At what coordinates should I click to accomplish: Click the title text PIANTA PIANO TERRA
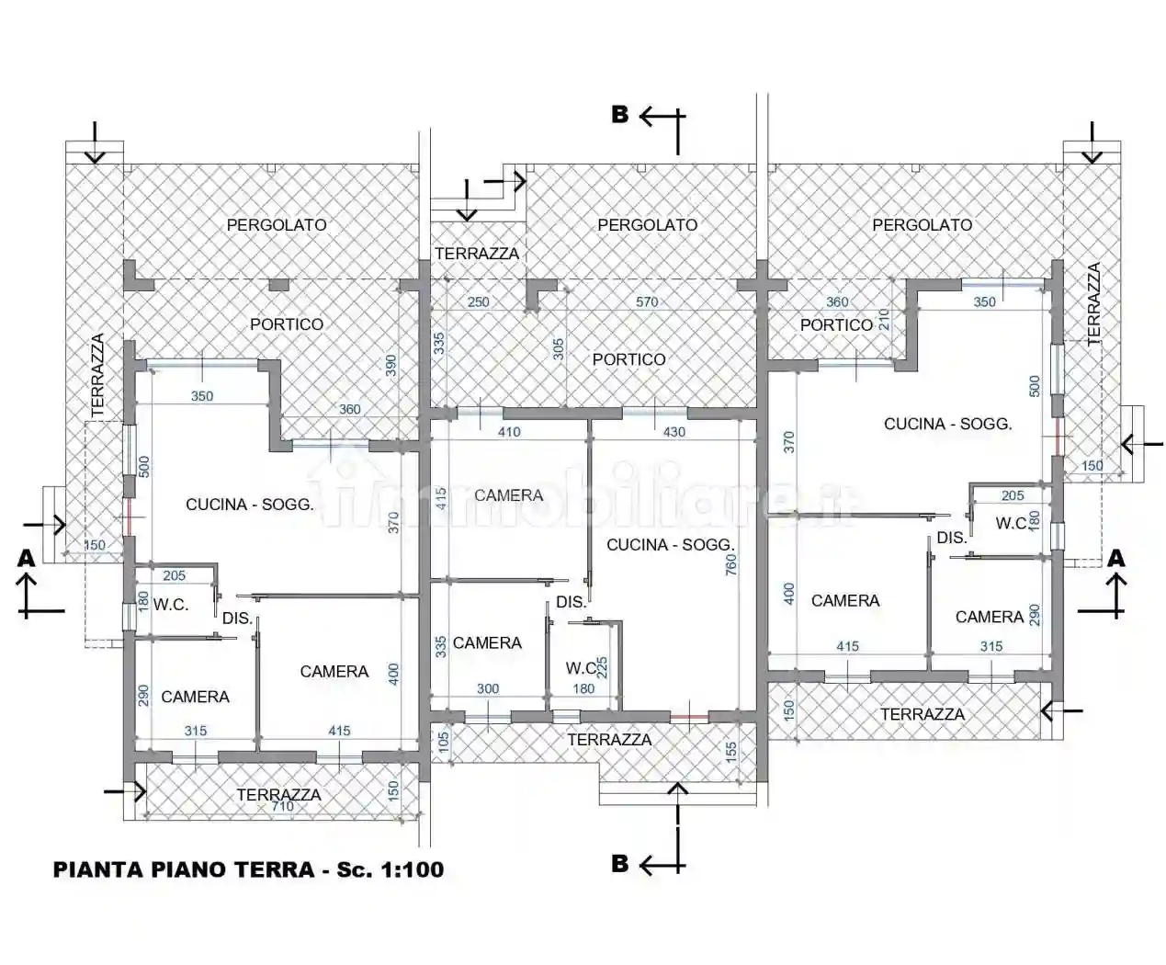point(184,869)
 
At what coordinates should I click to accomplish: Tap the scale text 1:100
point(413,869)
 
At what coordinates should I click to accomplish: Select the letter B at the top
point(620,115)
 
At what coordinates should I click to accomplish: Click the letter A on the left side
point(27,559)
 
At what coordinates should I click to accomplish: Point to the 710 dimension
point(283,806)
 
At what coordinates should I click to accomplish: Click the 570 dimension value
point(647,301)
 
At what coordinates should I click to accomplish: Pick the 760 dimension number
point(730,564)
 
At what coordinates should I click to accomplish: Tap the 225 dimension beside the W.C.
point(602,667)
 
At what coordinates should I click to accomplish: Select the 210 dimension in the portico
point(884,320)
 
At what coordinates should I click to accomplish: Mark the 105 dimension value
point(444,743)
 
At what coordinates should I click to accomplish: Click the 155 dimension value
point(731,752)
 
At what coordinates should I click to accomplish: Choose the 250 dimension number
point(478,301)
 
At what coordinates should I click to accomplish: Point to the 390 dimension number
point(391,366)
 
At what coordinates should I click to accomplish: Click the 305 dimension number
point(558,349)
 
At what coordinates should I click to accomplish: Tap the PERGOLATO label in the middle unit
point(647,225)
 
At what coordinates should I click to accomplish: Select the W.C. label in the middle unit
point(581,668)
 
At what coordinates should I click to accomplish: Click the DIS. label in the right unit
point(952,538)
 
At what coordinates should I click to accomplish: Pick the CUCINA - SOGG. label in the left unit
point(250,505)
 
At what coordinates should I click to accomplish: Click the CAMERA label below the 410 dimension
point(508,495)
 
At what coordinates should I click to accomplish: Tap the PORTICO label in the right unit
point(836,325)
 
